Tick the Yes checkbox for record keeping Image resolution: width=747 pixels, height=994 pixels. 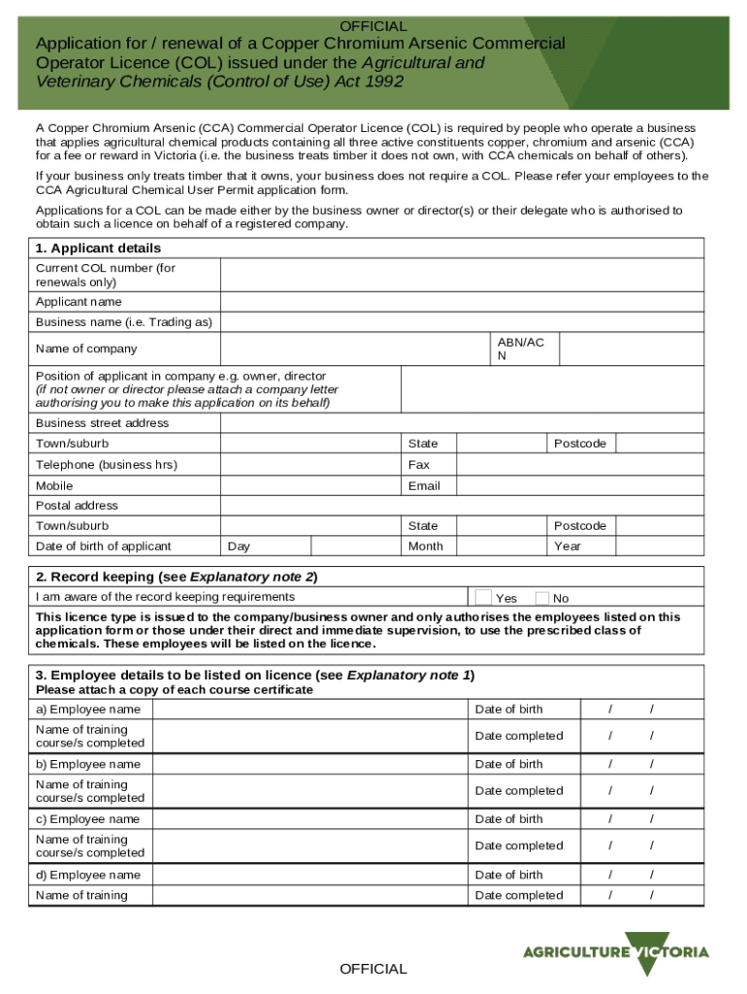(482, 597)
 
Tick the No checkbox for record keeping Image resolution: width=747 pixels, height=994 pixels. (542, 598)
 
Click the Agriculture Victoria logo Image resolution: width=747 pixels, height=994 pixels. (616, 951)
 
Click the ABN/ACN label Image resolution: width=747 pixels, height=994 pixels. (521, 348)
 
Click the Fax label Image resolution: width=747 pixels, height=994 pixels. (419, 465)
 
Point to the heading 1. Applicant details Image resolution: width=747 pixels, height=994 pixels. (98, 248)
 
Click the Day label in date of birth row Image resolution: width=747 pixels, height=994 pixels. (239, 547)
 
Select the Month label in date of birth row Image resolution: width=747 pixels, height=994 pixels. (426, 547)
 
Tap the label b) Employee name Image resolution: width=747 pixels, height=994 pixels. (88, 764)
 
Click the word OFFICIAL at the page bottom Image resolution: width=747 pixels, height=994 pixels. (373, 969)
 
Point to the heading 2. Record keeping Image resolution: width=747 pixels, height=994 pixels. (177, 577)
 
